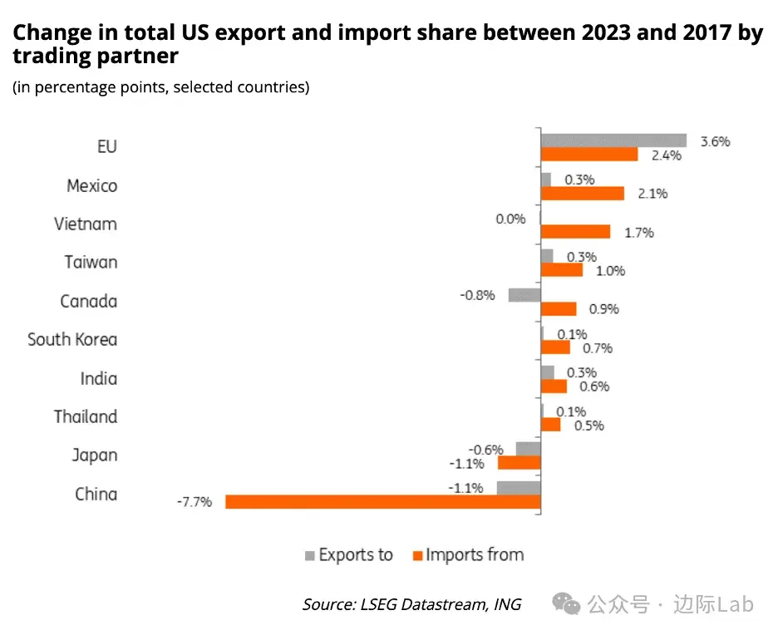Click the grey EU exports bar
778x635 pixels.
613,140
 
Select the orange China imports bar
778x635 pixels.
383,501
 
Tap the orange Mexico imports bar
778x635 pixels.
582,193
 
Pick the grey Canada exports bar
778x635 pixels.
524,294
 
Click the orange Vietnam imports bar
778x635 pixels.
575,232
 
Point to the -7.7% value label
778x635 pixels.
194,502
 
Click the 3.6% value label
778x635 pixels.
715,141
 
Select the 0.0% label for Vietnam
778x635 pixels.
511,219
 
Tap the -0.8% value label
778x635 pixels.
478,295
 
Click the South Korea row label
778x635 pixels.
72,339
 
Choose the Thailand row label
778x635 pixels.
86,416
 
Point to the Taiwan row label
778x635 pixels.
91,263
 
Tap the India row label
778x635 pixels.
99,378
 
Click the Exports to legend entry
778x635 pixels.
349,554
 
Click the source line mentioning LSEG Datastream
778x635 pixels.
411,604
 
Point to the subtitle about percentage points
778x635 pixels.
160,87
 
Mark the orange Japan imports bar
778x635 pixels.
519,462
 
